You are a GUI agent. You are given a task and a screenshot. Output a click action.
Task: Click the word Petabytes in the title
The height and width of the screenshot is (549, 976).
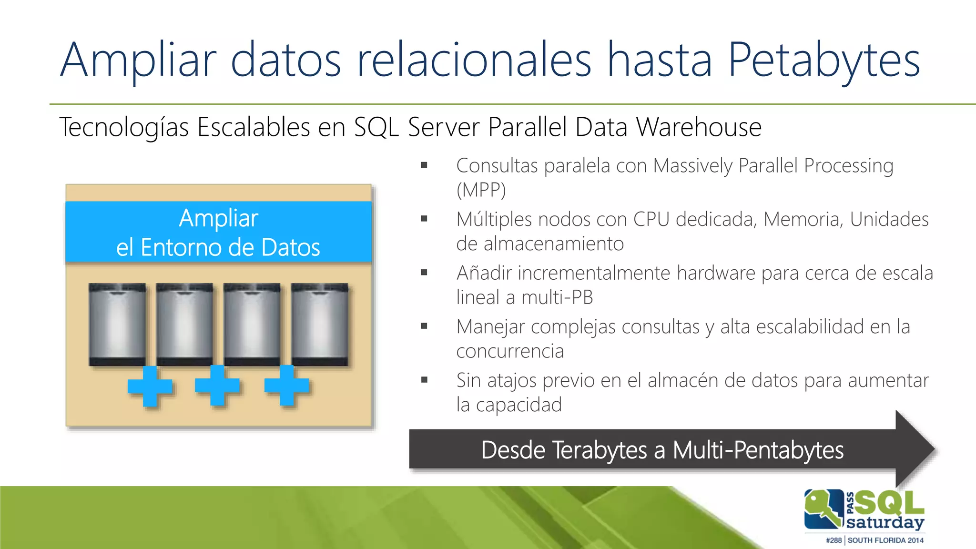coord(823,61)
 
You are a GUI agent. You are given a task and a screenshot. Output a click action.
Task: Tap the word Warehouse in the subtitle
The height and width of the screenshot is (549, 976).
coord(699,128)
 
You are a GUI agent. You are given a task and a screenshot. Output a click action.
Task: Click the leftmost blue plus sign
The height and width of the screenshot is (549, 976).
coord(150,386)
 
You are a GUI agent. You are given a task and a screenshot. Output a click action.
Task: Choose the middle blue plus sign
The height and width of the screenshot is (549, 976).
coord(217,385)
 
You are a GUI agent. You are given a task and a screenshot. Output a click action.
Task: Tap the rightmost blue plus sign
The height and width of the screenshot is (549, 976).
coord(287,385)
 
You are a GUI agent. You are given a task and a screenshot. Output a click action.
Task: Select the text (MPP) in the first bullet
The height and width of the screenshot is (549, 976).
coord(481,190)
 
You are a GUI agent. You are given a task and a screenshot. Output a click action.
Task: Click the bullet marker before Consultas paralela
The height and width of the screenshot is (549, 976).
coord(424,166)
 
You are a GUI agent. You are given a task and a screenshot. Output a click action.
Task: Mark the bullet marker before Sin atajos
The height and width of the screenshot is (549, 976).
coord(424,380)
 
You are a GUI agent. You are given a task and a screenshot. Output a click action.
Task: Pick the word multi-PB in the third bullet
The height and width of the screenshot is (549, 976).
coord(557,298)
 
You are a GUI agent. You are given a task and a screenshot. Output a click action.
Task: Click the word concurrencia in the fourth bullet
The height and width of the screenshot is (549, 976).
coord(510,352)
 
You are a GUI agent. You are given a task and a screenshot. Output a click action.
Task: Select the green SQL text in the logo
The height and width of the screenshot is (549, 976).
coord(889,503)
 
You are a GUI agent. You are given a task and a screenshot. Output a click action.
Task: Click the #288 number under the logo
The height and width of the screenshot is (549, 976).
coord(834,540)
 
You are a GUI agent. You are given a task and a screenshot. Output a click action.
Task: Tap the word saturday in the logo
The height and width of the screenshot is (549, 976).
coord(885,522)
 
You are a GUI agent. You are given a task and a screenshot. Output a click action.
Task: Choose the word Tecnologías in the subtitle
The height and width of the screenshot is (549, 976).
coord(124,128)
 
